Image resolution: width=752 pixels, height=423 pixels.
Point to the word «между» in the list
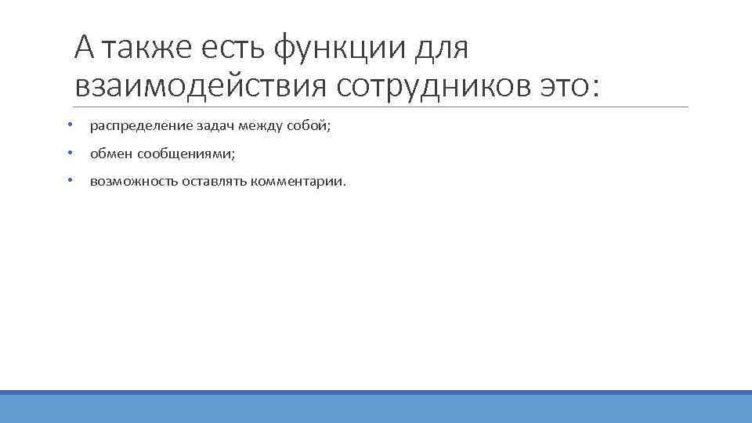[233, 125]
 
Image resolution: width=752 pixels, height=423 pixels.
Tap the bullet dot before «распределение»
[70, 125]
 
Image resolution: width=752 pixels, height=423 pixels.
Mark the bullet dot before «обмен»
[70, 153]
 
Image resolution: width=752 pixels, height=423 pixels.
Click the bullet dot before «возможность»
[70, 181]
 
